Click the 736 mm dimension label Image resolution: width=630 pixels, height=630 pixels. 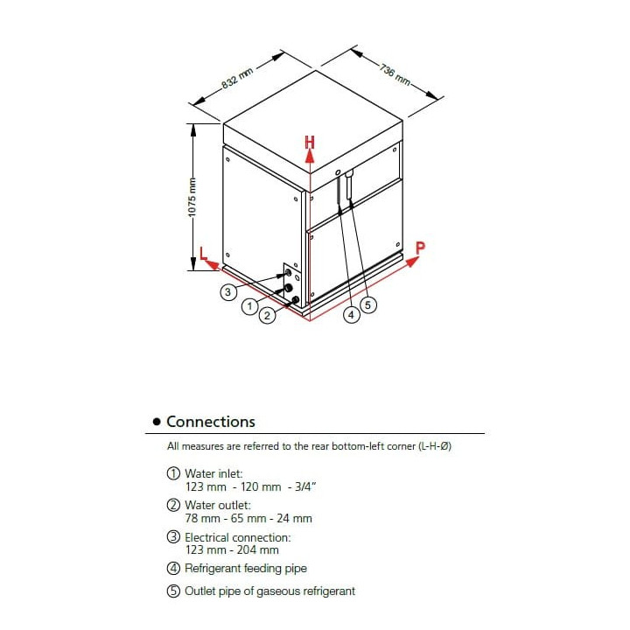tap(396, 73)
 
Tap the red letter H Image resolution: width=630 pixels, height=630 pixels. tap(310, 141)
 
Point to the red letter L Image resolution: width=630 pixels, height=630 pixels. tap(203, 254)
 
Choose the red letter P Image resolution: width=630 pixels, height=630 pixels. tap(420, 247)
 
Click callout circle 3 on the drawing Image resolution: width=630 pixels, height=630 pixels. tap(227, 292)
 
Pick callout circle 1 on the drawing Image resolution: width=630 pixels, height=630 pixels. tap(250, 305)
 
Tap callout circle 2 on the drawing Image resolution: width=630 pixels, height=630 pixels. tap(267, 315)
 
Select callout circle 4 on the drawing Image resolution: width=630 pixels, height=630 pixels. tap(351, 315)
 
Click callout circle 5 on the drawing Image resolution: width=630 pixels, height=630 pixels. tap(368, 305)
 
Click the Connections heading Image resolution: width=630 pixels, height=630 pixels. tap(211, 422)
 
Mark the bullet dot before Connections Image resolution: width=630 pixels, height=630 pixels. tap(157, 423)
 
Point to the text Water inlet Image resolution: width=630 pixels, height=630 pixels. tap(207, 472)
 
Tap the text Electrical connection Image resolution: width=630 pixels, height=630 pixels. tap(237, 537)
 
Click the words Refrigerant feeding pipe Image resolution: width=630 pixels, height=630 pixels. tap(246, 569)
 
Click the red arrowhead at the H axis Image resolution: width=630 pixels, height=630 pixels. tap(310, 155)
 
